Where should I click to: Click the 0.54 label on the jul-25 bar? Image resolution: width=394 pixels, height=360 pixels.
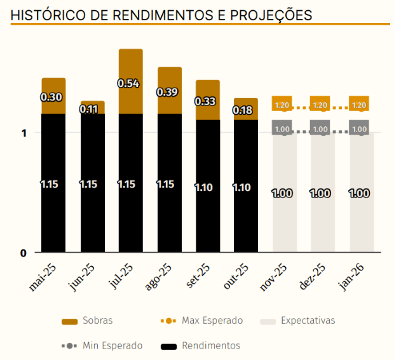click(130, 83)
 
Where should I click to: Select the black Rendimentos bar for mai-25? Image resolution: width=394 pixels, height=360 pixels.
click(54, 184)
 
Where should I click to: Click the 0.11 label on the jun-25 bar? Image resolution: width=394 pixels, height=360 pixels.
click(92, 109)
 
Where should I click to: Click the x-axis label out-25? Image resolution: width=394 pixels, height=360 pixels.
click(235, 277)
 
